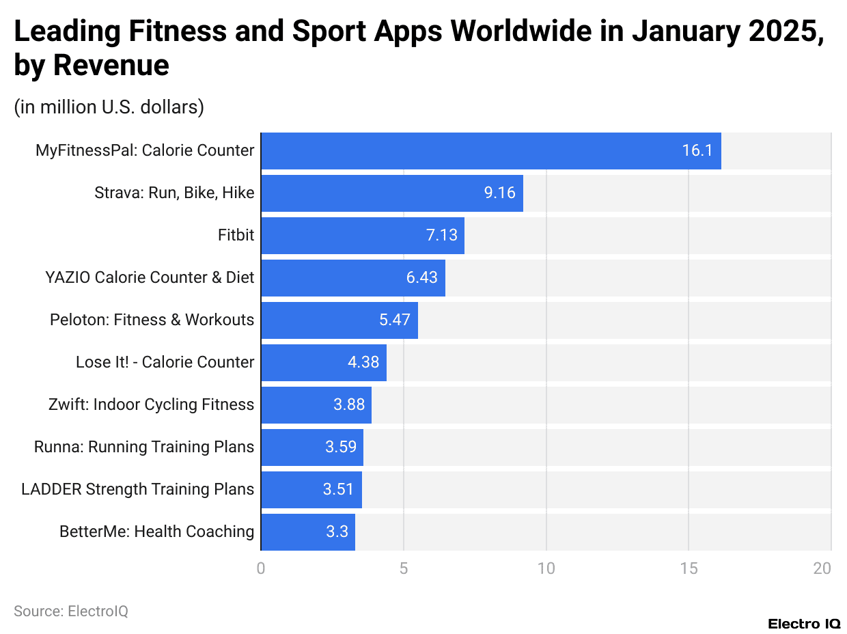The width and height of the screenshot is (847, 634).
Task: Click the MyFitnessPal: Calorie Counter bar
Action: click(x=490, y=150)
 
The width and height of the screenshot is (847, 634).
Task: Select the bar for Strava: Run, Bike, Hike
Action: click(x=391, y=193)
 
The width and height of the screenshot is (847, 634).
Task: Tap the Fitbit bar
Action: click(x=362, y=235)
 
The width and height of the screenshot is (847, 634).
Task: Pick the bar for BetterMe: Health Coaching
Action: click(x=307, y=532)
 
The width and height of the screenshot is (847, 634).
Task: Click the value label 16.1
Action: click(x=697, y=150)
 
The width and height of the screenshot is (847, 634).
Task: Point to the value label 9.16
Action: click(x=499, y=193)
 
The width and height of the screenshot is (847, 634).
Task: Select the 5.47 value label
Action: click(x=394, y=320)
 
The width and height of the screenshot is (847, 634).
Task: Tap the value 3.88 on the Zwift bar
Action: click(x=348, y=404)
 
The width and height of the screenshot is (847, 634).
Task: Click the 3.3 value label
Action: click(x=337, y=532)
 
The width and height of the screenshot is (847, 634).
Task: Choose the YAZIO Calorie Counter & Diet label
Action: click(x=150, y=277)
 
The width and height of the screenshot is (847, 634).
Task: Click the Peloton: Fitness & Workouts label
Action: click(x=152, y=320)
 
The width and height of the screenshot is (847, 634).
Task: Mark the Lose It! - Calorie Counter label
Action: click(x=165, y=362)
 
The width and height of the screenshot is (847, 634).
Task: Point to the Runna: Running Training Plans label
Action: click(x=144, y=447)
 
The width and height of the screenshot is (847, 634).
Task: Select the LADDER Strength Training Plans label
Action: click(x=137, y=489)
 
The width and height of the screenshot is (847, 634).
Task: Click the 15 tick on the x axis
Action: click(x=688, y=568)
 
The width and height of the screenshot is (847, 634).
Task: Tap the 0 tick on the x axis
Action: click(x=261, y=568)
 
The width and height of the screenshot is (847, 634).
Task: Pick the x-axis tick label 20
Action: click(x=822, y=568)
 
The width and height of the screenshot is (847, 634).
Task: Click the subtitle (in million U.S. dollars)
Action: click(x=109, y=107)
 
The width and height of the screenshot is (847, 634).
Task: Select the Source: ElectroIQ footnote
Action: click(x=71, y=611)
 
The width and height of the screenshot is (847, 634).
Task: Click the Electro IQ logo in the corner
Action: click(x=804, y=623)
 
